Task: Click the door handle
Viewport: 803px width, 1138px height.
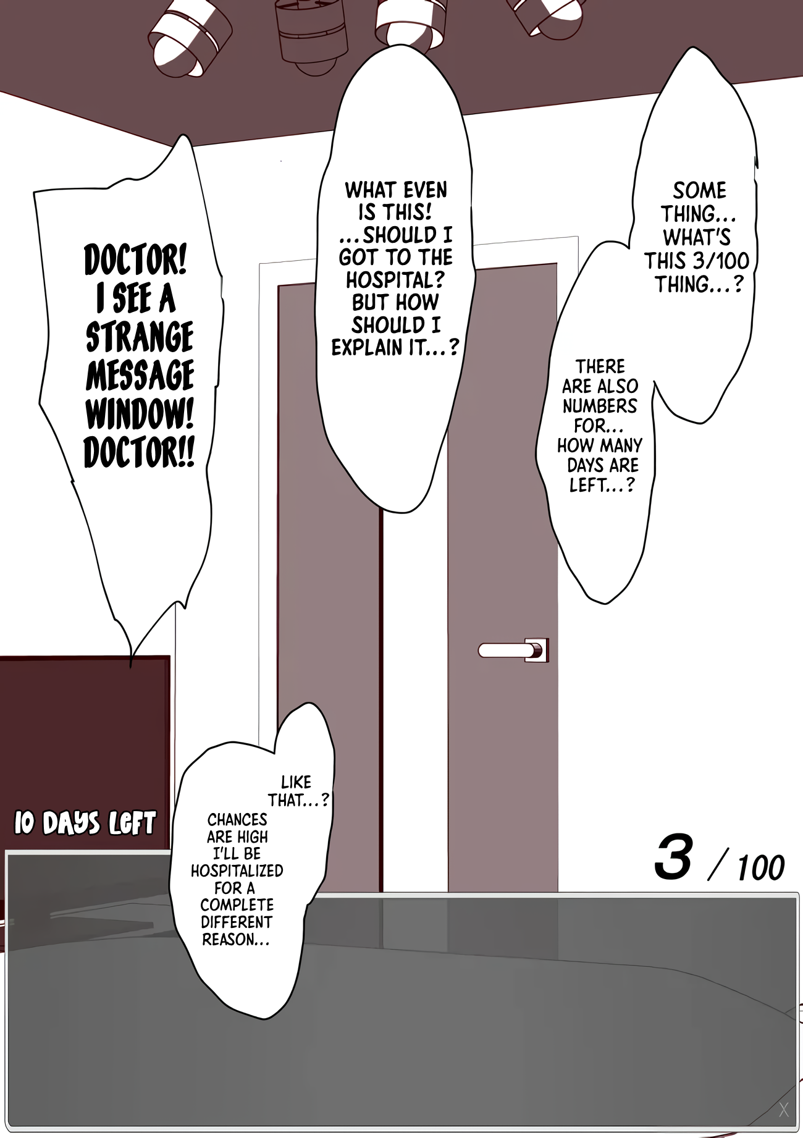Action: pos(513,650)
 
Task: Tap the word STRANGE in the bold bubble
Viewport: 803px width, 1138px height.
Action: pos(140,337)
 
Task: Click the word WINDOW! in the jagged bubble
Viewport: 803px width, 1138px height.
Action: pos(140,414)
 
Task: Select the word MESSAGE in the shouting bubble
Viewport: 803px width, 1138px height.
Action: pos(140,376)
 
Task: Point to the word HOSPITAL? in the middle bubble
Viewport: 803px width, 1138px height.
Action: pos(395,280)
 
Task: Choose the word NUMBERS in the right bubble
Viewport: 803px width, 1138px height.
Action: pos(599,406)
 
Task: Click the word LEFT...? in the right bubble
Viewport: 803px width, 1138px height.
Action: pos(602,486)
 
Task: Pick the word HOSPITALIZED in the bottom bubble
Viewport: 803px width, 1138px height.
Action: pos(237,870)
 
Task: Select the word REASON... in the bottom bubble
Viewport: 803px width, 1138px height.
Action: pos(236,939)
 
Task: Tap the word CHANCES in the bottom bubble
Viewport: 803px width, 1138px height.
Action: pos(237,819)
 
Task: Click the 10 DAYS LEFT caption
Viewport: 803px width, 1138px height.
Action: pos(85,824)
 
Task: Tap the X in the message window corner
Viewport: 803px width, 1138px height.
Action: pos(784,1110)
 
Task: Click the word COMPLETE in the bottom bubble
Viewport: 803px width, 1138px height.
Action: pos(237,905)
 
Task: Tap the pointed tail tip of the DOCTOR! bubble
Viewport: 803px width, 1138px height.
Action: pos(130,667)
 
